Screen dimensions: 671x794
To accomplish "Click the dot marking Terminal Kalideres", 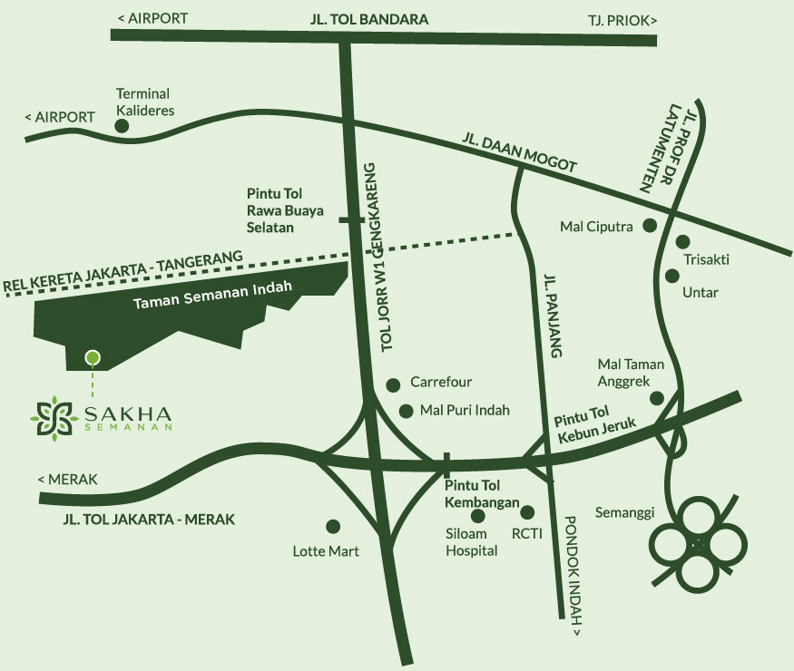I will pyautogui.click(x=122, y=126).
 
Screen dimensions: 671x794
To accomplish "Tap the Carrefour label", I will pyautogui.click(x=441, y=383).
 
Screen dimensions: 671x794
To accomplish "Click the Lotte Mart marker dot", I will pyautogui.click(x=333, y=526).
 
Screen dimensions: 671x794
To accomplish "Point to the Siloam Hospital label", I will pyautogui.click(x=472, y=542).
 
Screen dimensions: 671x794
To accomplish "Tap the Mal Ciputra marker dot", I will pyautogui.click(x=650, y=226).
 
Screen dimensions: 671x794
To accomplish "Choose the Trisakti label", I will pyautogui.click(x=707, y=260).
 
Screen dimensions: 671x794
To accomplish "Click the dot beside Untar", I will pyautogui.click(x=672, y=276).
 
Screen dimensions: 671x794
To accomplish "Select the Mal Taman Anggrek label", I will pyautogui.click(x=631, y=373).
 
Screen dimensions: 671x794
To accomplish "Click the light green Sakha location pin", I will pyautogui.click(x=92, y=357).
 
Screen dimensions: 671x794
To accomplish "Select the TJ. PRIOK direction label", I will pyautogui.click(x=621, y=18).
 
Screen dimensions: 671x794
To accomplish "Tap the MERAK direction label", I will pyautogui.click(x=67, y=480).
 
